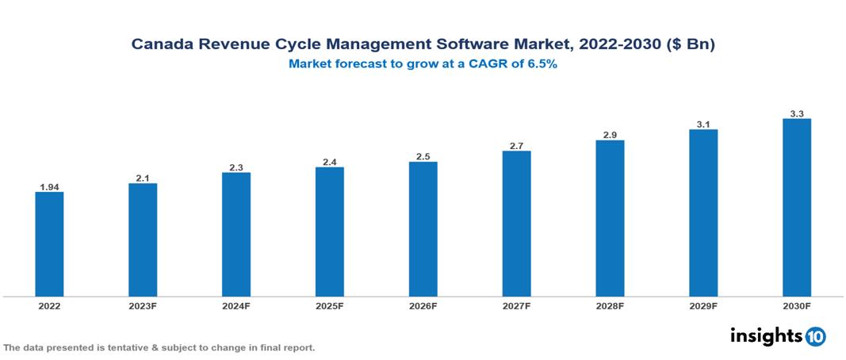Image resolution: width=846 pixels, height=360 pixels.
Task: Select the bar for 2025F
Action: tap(329, 232)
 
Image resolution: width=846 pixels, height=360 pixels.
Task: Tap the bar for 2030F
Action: tap(796, 208)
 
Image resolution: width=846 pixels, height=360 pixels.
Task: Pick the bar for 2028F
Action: tap(610, 218)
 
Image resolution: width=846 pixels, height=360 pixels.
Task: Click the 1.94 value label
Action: tap(49, 187)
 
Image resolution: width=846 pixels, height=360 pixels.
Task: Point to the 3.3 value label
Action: tap(797, 113)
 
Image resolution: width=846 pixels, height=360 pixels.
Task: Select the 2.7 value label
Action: tap(516, 146)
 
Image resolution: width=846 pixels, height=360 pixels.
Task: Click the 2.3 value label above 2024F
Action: tap(236, 167)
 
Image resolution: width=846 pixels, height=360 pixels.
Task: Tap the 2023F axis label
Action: tap(143, 305)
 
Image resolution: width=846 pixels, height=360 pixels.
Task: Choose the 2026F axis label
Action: tap(423, 305)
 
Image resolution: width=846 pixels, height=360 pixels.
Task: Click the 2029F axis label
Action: tap(703, 305)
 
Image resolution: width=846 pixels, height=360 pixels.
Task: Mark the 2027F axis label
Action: tap(516, 305)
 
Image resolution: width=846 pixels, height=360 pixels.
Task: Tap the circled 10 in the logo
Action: tap(815, 336)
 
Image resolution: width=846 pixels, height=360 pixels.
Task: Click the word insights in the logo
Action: tap(766, 335)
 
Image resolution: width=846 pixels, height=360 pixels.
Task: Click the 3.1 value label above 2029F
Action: tap(703, 124)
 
